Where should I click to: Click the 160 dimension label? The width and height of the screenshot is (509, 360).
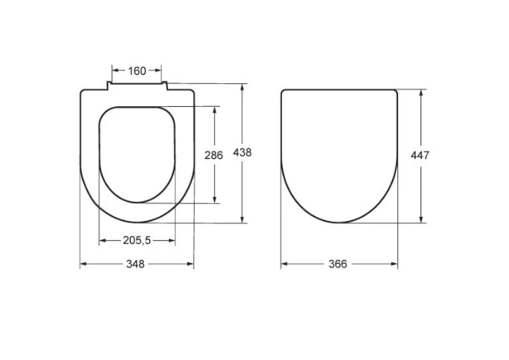[137, 71]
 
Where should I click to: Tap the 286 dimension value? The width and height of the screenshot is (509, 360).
[213, 155]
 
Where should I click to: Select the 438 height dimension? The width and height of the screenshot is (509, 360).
[242, 153]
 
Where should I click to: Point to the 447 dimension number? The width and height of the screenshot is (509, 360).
[420, 155]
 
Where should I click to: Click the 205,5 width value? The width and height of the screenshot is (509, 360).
[137, 240]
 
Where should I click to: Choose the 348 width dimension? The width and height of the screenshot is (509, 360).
[135, 264]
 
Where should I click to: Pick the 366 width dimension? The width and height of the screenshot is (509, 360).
[338, 264]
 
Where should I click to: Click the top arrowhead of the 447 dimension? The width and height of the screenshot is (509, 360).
[421, 92]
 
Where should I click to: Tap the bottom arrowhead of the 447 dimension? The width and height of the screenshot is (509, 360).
[421, 219]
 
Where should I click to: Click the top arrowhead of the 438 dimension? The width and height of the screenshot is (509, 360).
[242, 88]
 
